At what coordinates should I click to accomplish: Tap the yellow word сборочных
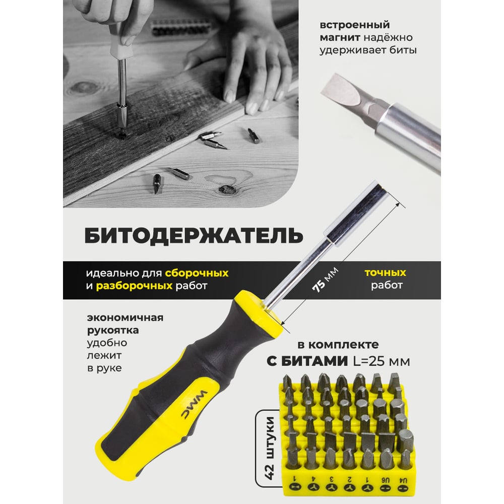(x=197, y=273)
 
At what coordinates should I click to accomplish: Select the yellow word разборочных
(x=135, y=285)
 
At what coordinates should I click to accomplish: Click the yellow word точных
(x=386, y=273)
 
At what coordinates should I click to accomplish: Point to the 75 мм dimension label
(x=325, y=279)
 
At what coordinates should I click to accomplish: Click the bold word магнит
(x=340, y=38)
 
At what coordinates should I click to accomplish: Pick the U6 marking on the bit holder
(x=386, y=480)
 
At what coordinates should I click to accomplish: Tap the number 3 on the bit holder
(x=331, y=480)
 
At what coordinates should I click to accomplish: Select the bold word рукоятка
(x=113, y=331)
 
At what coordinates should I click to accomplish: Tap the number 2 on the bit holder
(x=349, y=480)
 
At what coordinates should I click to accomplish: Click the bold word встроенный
(x=354, y=25)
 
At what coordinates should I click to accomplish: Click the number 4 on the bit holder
(x=313, y=480)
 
